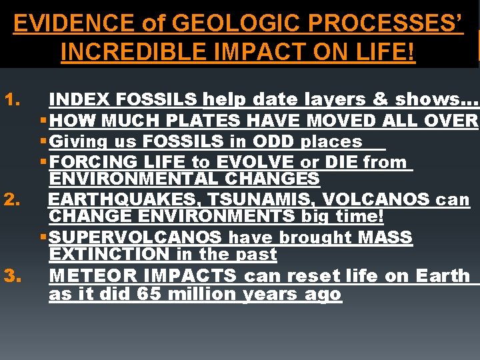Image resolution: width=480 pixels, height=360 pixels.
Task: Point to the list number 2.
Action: click(x=13, y=200)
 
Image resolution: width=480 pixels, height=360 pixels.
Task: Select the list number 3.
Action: click(x=13, y=276)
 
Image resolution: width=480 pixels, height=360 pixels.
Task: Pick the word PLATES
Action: click(x=207, y=121)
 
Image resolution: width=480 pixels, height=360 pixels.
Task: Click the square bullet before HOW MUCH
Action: click(x=43, y=121)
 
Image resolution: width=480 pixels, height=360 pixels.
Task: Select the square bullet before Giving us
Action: click(x=43, y=142)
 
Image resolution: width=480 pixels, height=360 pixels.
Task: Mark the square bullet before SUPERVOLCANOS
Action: click(x=43, y=238)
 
